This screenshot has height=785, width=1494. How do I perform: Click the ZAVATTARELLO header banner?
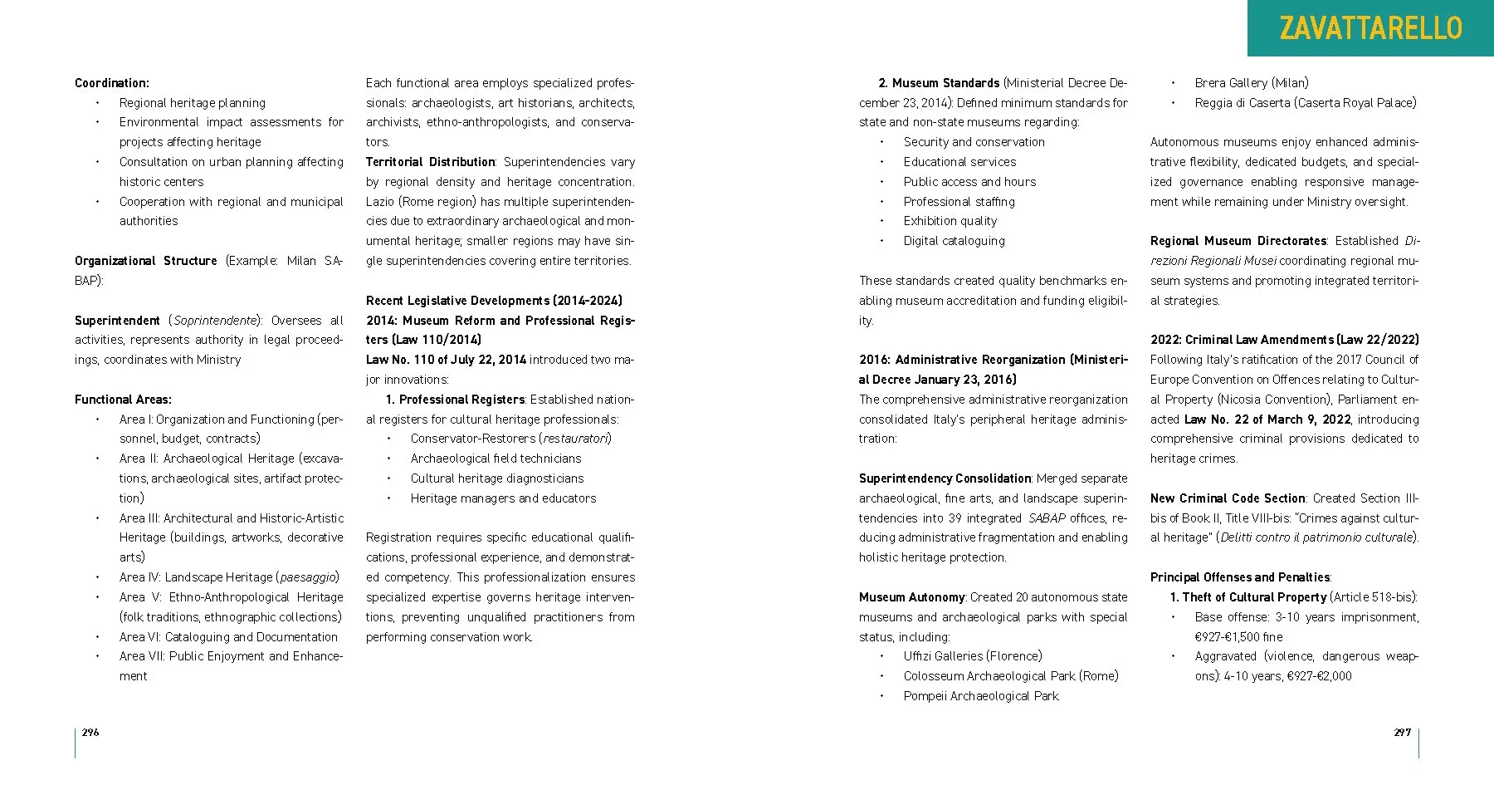tap(1370, 28)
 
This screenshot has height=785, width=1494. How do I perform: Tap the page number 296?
tap(90, 732)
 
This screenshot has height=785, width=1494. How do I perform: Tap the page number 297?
tap(1402, 732)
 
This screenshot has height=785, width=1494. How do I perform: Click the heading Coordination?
tap(112, 83)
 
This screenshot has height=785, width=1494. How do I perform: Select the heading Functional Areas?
tap(123, 400)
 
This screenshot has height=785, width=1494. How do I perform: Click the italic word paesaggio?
tap(307, 577)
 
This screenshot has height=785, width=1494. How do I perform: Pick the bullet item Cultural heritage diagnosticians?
tap(496, 478)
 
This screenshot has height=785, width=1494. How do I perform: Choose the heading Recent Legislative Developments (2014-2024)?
tap(494, 301)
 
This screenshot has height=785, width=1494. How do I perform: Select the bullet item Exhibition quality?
tap(950, 221)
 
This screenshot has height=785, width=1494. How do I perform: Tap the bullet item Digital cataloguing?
tap(954, 241)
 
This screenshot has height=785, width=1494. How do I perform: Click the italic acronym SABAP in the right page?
tap(1047, 518)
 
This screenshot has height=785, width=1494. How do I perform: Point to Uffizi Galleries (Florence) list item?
tap(972, 656)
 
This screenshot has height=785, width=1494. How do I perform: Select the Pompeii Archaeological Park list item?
tap(981, 696)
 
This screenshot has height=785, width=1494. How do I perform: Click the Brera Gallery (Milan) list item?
tap(1251, 83)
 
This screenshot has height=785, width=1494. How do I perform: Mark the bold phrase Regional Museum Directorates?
tap(1238, 241)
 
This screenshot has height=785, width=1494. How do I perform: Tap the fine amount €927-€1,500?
tap(1228, 637)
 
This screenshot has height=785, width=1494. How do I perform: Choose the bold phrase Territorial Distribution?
tap(430, 162)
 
